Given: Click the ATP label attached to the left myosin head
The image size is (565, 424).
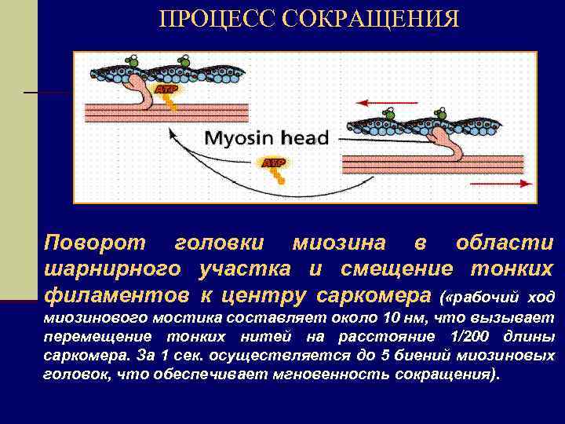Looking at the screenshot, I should pyautogui.click(x=166, y=90).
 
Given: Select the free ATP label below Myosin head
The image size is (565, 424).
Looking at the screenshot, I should pyautogui.click(x=273, y=163).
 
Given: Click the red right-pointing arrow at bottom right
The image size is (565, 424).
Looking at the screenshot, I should pyautogui.click(x=501, y=183).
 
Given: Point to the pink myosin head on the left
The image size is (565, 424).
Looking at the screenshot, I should pyautogui.click(x=145, y=90).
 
